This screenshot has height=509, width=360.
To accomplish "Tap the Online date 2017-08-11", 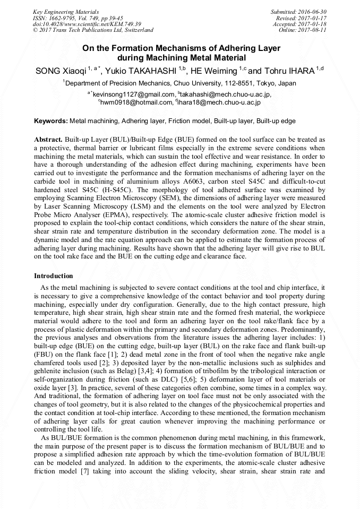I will pos(314,30).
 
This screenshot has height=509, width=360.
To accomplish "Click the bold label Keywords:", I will pos(51,121).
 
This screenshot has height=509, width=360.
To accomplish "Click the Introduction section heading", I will pos(54,276).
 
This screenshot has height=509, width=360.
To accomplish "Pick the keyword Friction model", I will pos(189,121).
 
